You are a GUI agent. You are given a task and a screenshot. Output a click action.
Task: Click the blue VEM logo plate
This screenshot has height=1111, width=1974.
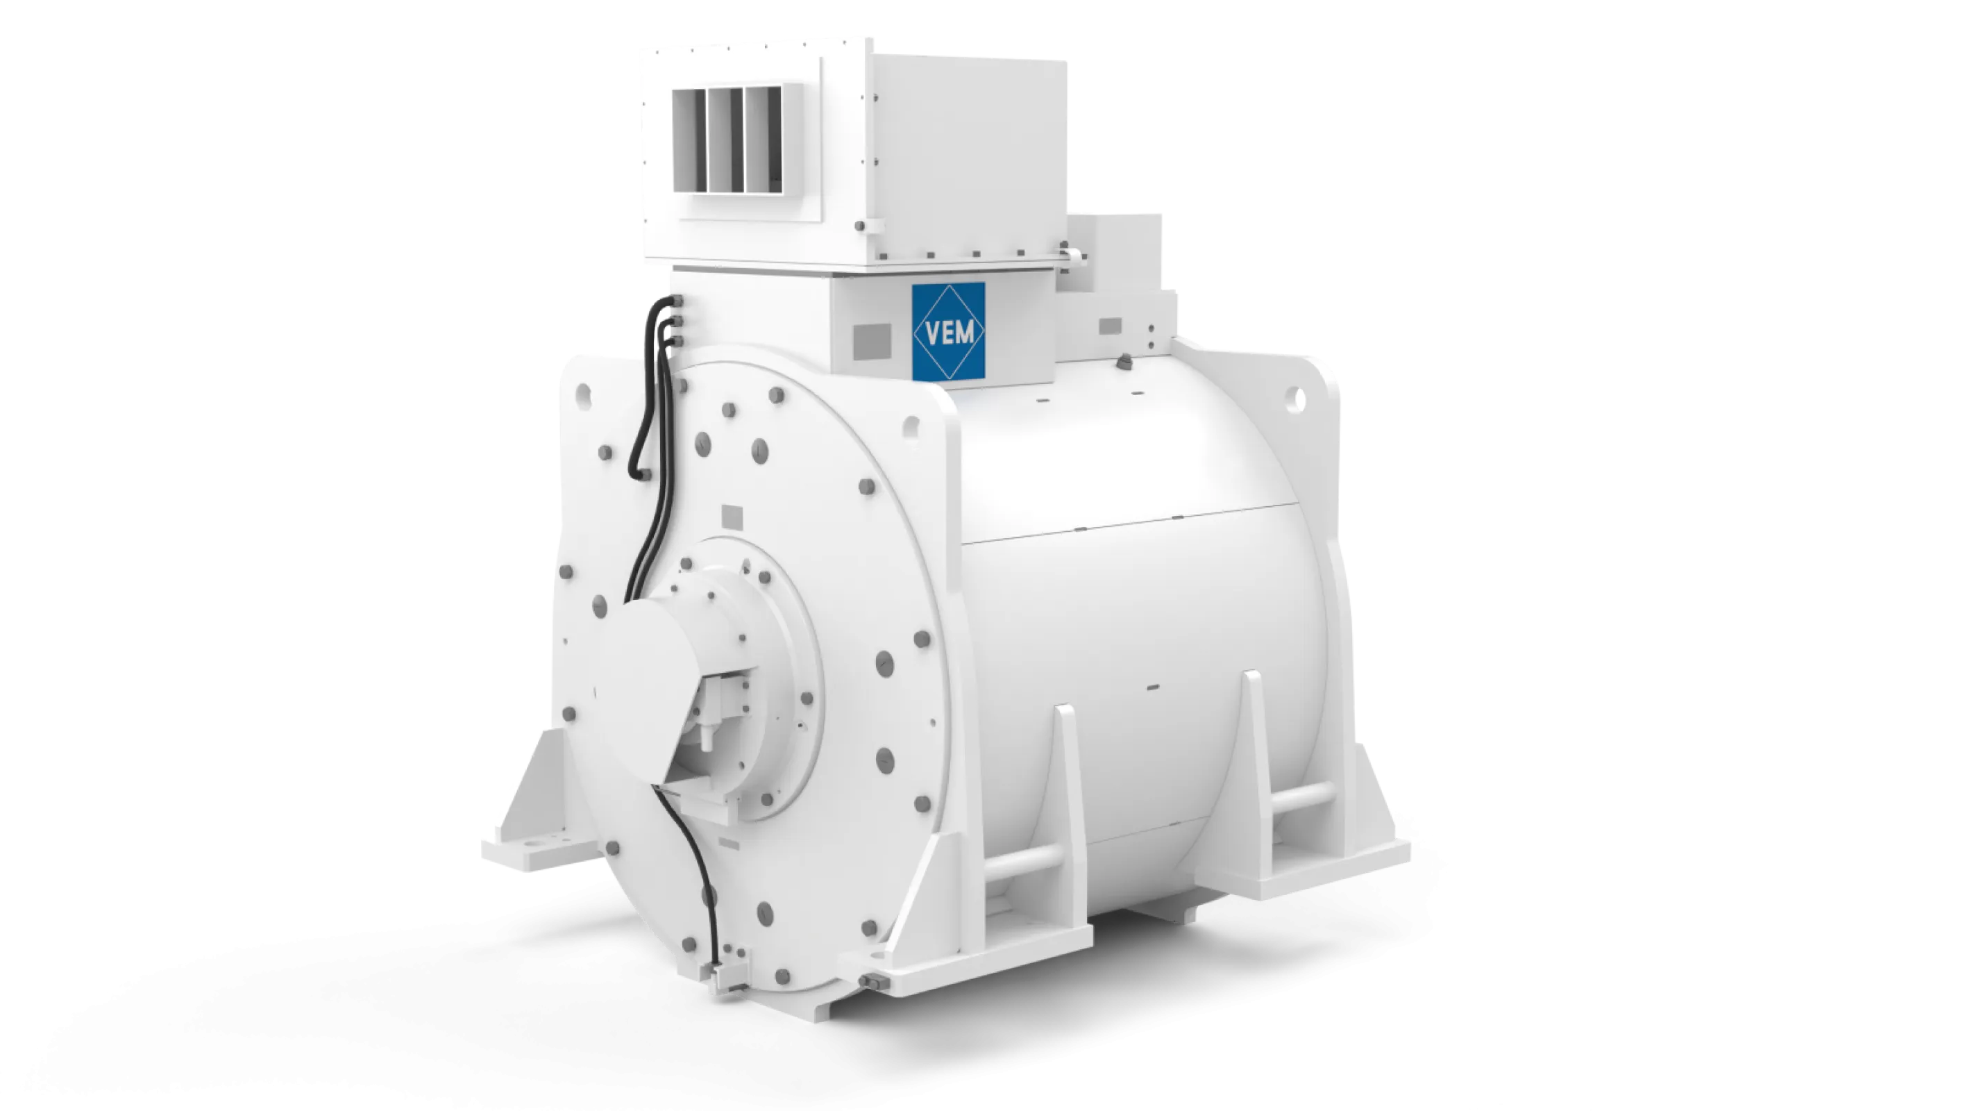[x=948, y=331]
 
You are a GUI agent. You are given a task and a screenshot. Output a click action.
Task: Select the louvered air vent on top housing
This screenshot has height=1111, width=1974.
[x=727, y=140]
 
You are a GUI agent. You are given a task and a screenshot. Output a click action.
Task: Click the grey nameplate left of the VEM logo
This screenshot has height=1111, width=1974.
[x=872, y=341]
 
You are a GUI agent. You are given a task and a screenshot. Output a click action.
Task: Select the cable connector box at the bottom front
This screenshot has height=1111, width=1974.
[x=722, y=981]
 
